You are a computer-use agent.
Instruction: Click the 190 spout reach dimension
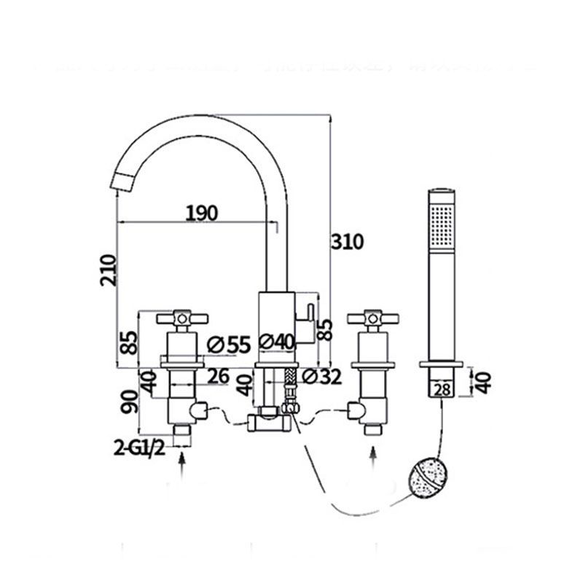coord(201,213)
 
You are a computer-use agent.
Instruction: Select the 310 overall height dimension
coord(347,241)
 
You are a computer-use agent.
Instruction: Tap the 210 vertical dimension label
coord(108,270)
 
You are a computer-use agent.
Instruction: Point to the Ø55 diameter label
coord(228,344)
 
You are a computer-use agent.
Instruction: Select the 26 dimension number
coord(218,376)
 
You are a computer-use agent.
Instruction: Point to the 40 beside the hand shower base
coord(483,380)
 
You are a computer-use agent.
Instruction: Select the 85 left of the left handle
coord(128,343)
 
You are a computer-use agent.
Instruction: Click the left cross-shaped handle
coord(181,318)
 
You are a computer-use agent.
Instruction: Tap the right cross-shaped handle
coord(373,318)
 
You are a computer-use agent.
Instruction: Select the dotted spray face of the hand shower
coord(442,226)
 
